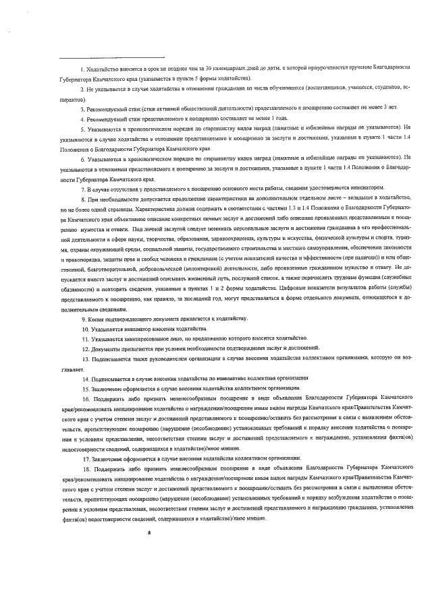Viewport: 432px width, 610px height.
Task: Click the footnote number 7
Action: click(82, 190)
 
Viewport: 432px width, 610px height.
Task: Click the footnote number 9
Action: click(82, 318)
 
